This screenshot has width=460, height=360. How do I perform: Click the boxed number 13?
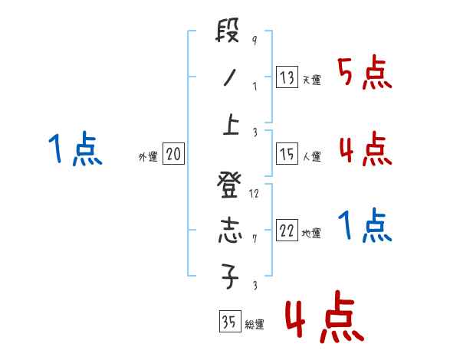point(287,77)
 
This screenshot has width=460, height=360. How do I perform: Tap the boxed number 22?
point(287,231)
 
